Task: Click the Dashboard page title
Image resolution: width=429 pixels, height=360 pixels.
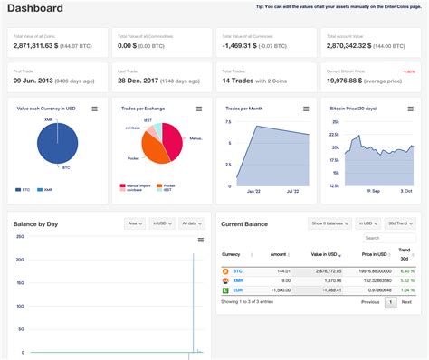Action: tap(35, 9)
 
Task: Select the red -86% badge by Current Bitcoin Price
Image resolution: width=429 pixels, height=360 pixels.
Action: tap(409, 70)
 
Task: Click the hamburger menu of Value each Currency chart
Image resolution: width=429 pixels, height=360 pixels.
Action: tap(94, 109)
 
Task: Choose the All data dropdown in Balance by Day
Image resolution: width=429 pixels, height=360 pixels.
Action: tap(191, 223)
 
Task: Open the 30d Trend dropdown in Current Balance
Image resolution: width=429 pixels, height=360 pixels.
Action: tap(399, 223)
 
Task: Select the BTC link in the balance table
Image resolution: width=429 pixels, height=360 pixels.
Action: tap(237, 270)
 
